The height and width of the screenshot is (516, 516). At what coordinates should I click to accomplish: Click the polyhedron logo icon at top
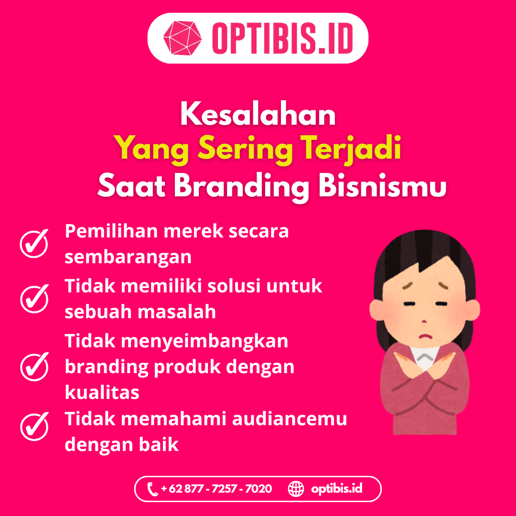(x=183, y=38)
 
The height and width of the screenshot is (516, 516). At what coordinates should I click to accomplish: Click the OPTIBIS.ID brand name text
(x=283, y=38)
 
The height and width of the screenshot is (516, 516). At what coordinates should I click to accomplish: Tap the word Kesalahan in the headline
(x=258, y=114)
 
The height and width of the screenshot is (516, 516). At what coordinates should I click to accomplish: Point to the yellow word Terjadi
(x=351, y=148)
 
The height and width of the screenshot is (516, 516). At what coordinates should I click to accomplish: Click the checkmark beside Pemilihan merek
(x=34, y=244)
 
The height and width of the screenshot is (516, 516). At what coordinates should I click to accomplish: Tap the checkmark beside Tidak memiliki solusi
(x=34, y=299)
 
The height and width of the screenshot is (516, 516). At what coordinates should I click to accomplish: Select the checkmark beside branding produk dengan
(x=34, y=366)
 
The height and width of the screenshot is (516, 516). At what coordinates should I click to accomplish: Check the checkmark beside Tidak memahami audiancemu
(x=34, y=427)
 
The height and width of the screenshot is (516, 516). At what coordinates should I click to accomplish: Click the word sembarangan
(x=128, y=258)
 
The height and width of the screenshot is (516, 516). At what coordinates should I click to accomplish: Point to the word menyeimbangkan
(x=204, y=342)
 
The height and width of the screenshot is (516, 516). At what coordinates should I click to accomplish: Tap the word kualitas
(x=102, y=392)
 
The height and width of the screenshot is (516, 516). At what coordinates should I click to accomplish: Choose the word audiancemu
(x=290, y=419)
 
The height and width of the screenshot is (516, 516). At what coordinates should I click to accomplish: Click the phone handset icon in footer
(x=152, y=489)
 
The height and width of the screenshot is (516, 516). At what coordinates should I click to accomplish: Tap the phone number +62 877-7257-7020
(x=216, y=489)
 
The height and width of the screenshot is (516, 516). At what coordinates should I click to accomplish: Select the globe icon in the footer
(x=296, y=489)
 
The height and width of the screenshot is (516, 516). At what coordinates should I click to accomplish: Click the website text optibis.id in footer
(x=337, y=489)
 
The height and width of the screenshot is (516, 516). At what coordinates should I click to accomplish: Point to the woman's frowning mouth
(x=426, y=336)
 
